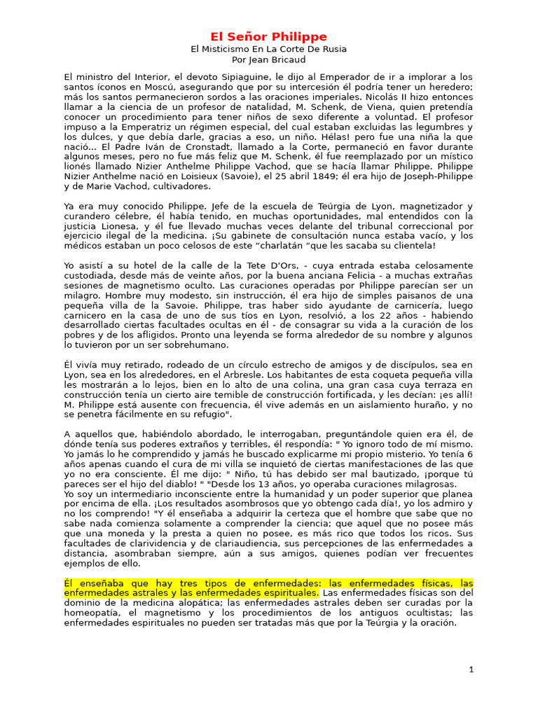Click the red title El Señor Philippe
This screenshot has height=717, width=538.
click(270, 36)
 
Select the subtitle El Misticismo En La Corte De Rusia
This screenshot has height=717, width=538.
click(269, 49)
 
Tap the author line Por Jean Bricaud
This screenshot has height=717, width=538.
click(269, 60)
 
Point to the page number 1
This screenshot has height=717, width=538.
click(471, 669)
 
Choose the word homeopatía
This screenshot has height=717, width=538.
click(92, 613)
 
